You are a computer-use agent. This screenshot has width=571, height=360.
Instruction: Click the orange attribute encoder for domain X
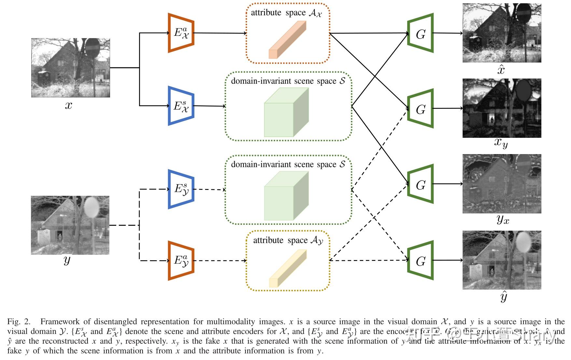(x=181, y=33)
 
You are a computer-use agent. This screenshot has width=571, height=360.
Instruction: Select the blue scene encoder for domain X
(x=181, y=106)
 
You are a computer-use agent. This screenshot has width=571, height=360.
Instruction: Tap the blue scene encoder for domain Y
(x=181, y=189)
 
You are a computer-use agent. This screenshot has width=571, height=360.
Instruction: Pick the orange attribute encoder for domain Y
(x=181, y=261)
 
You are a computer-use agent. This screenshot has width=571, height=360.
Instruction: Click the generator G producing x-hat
(x=421, y=33)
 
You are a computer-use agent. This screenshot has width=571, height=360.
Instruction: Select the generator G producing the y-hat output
(x=421, y=261)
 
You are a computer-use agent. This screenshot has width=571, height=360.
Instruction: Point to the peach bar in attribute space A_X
(x=287, y=40)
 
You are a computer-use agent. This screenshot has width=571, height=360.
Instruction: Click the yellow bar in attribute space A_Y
(x=288, y=268)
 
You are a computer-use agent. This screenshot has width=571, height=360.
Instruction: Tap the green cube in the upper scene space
(x=286, y=112)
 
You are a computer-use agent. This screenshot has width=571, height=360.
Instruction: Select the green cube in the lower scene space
(x=286, y=196)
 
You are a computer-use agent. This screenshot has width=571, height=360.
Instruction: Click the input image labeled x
(x=70, y=67)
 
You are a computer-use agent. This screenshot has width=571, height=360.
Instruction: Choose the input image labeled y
(x=70, y=225)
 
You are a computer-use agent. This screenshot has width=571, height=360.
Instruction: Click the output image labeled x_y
(x=502, y=108)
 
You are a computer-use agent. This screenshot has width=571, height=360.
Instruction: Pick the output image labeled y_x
(x=502, y=184)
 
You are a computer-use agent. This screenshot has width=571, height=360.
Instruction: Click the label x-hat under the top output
(x=501, y=70)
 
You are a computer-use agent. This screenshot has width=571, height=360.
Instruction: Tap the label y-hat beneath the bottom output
(x=503, y=297)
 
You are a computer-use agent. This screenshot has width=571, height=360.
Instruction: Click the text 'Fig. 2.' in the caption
(x=19, y=322)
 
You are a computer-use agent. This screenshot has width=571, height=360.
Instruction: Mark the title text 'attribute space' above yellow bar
(x=268, y=240)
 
